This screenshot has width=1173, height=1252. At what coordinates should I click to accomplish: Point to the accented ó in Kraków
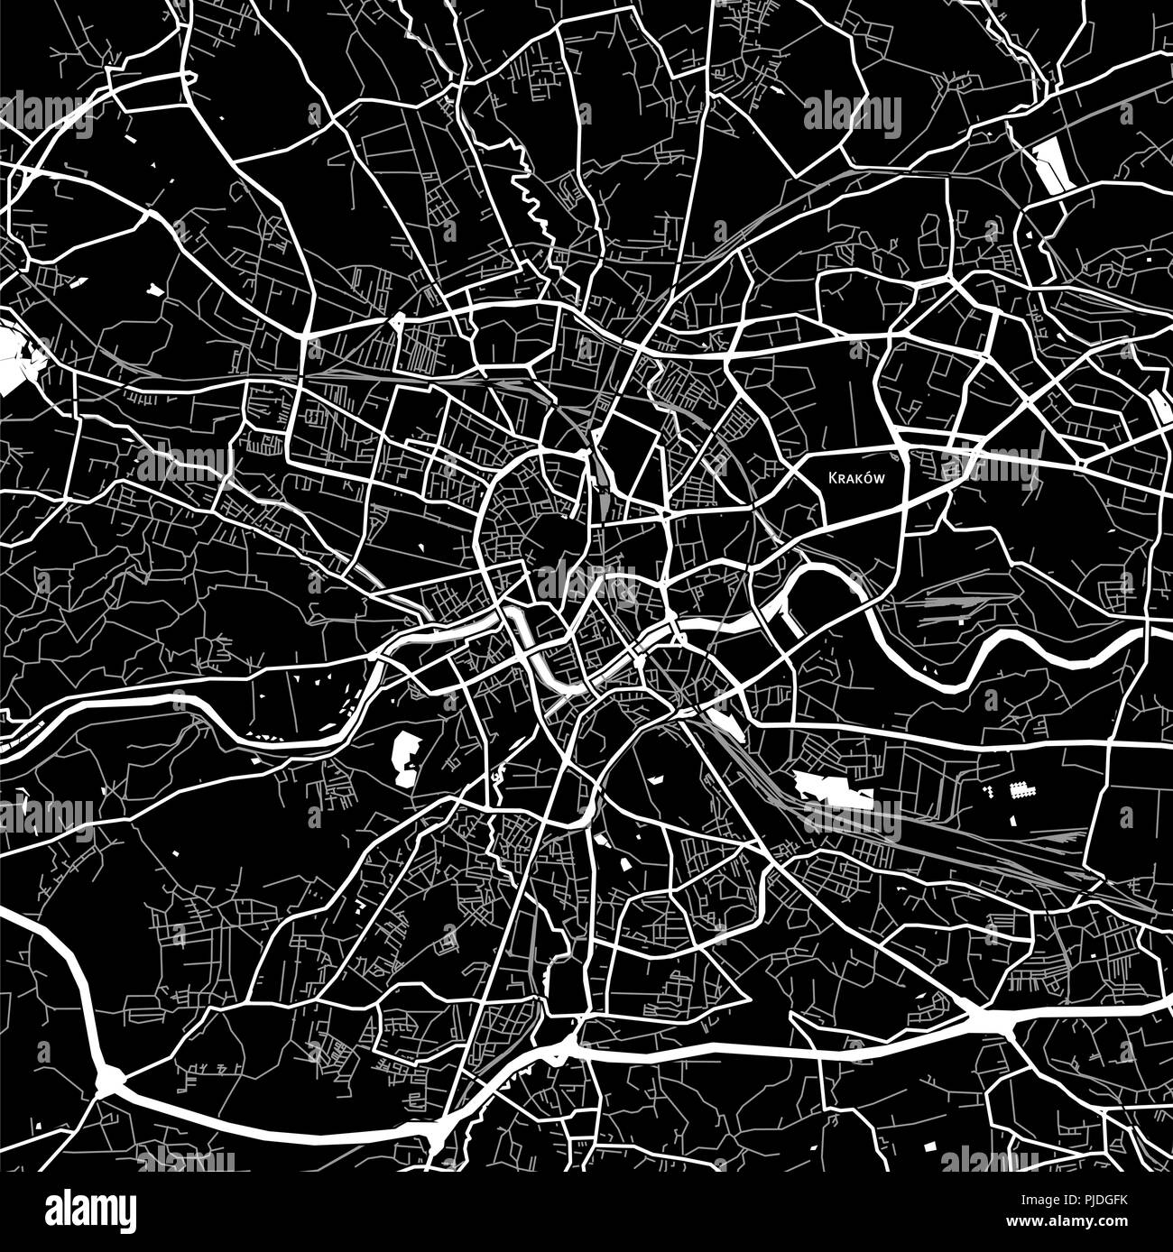click(864, 477)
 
